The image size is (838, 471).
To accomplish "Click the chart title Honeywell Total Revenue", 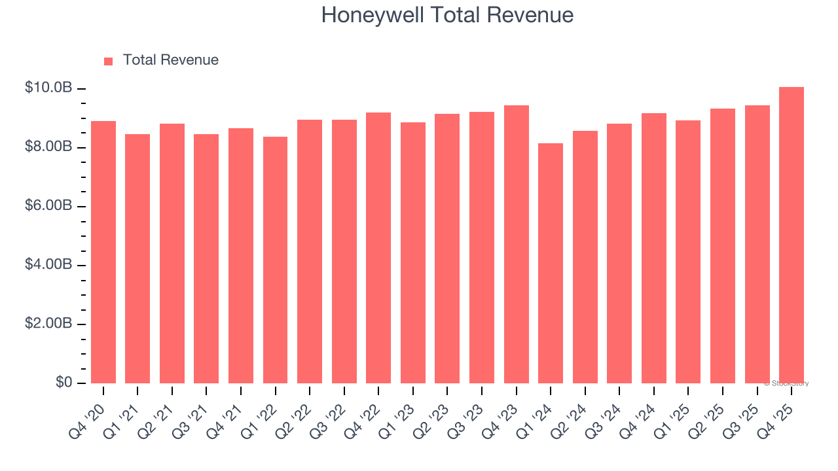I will point(447,15).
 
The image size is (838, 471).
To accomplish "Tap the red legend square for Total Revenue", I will point(109,61).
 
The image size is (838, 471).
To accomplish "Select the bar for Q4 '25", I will point(792,235).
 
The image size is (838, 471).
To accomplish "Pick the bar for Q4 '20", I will point(103,252).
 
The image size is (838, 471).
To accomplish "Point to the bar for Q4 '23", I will point(516,244).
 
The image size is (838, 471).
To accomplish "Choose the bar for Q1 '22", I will point(275,260).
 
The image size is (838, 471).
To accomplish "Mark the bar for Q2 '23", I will point(447,249).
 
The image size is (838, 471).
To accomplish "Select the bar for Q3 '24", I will point(619,253).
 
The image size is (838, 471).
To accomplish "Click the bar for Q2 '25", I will point(723,246).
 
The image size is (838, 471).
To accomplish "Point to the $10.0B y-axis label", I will point(48,88).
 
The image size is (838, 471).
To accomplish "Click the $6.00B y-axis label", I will point(48,205).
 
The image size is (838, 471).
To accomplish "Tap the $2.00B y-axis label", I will point(48,323).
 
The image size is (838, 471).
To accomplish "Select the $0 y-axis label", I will point(63,382).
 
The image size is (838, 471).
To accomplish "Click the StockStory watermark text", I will point(786,383).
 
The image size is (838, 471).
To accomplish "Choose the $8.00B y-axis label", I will point(48,147).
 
